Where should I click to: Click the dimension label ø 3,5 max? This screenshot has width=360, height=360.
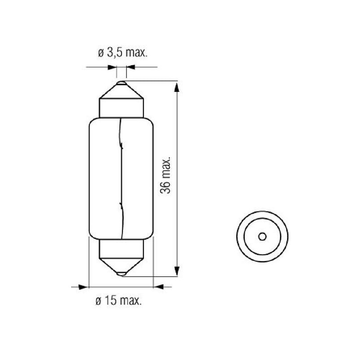[122, 53]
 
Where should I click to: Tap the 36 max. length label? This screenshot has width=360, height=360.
[166, 175]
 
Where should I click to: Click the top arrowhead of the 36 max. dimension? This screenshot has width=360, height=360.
[176, 87]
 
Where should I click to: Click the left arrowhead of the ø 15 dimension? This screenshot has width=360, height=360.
[83, 287]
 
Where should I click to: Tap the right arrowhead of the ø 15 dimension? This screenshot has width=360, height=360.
[158, 287]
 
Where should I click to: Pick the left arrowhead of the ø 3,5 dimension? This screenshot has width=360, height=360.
[112, 67]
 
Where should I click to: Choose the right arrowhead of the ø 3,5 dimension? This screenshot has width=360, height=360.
[130, 67]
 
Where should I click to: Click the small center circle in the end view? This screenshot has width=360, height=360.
[262, 237]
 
